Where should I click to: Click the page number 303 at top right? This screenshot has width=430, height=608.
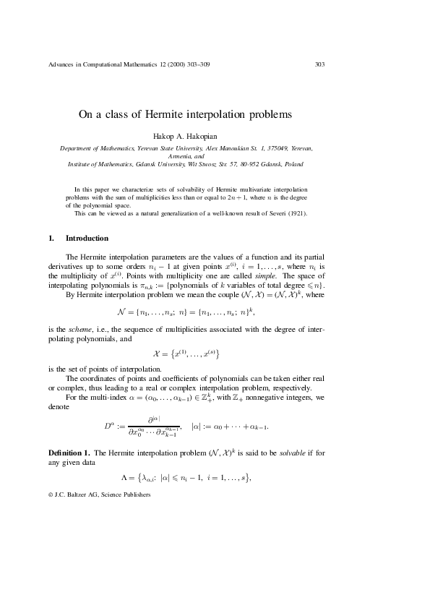pos(319,64)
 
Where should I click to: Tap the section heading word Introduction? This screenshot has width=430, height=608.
pos(87,238)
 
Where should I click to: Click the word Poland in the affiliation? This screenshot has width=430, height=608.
pos(293,164)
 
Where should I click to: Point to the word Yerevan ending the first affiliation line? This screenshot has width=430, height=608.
pos(301,147)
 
